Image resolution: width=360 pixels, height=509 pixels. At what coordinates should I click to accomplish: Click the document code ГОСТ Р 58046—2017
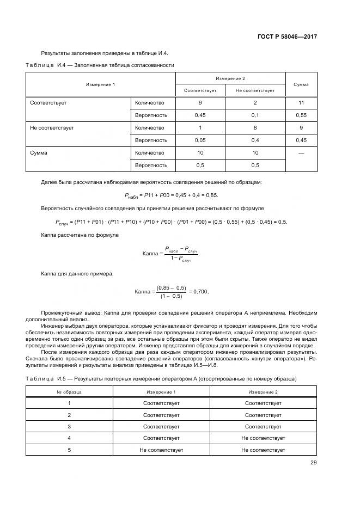[x=287, y=36]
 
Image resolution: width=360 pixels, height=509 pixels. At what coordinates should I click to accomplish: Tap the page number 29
[x=313, y=463]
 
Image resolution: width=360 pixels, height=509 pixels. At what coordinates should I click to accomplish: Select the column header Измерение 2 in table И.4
[x=230, y=79]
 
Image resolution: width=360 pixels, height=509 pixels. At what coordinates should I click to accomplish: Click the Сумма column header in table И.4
[x=301, y=84]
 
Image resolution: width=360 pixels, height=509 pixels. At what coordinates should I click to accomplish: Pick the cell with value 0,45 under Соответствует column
[x=200, y=115]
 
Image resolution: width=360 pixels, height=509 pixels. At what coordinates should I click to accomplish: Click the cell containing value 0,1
[x=255, y=115]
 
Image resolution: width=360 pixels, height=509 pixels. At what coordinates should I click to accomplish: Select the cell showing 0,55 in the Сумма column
[x=301, y=115]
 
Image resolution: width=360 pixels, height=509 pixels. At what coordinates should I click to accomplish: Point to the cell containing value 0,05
[x=200, y=140]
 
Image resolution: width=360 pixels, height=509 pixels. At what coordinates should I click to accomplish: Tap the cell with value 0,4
[x=255, y=140]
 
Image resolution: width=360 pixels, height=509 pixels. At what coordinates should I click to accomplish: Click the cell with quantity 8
[x=255, y=128]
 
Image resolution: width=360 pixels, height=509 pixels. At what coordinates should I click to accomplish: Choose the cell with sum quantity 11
[x=301, y=102]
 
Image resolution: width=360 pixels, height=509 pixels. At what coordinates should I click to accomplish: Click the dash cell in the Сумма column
[x=301, y=153]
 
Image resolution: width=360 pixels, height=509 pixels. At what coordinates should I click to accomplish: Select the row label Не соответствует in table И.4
[x=52, y=128]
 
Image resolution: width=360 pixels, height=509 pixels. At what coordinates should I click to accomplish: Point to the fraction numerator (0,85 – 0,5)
[x=171, y=287]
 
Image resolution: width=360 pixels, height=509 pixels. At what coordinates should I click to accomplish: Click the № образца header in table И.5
[x=69, y=391]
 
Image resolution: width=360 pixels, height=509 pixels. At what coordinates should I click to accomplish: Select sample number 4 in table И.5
[x=69, y=438]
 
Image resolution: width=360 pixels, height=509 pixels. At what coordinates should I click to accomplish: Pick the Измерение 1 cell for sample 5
[x=161, y=450]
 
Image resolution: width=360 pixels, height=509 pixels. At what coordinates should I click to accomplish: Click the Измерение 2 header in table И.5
[x=263, y=391]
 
